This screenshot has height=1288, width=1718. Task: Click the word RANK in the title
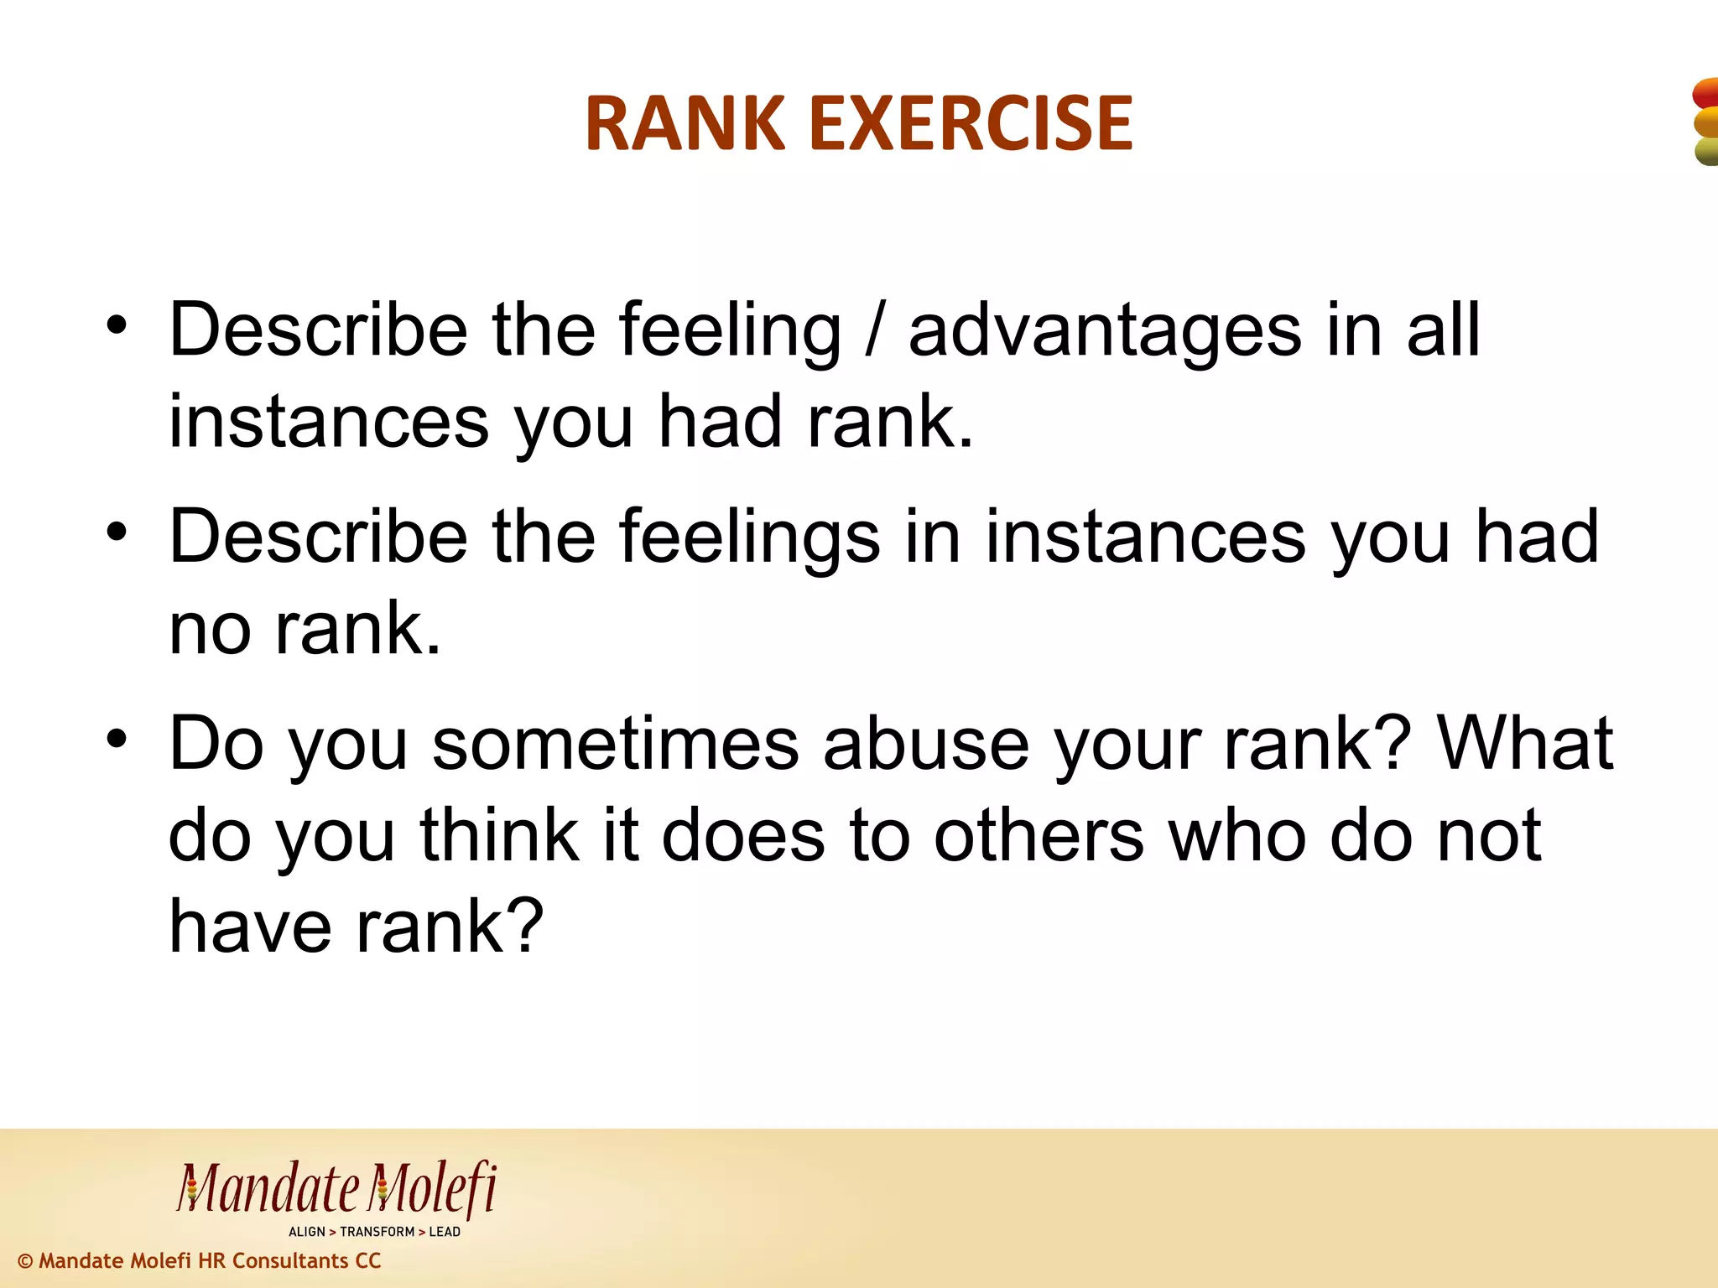[x=685, y=124]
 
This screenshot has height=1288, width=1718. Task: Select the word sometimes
[x=615, y=745]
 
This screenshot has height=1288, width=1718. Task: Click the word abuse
[x=925, y=745]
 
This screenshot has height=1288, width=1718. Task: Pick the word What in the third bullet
[x=1524, y=745]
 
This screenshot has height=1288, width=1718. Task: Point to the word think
[x=500, y=836]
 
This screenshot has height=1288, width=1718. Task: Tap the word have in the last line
[x=249, y=927]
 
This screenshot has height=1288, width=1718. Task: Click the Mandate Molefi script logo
[x=336, y=1189]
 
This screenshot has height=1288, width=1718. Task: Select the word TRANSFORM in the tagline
[x=377, y=1232]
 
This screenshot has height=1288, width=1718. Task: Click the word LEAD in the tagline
[x=445, y=1232]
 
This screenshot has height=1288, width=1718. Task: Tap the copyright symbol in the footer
[x=25, y=1261]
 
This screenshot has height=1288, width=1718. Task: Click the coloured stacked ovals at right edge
[x=1705, y=122]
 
